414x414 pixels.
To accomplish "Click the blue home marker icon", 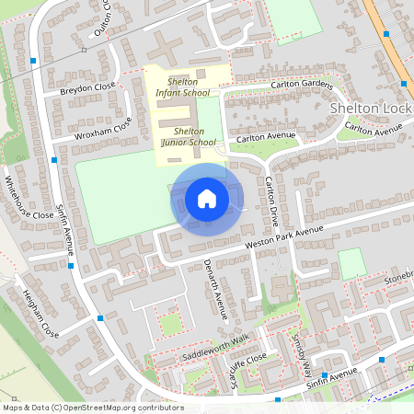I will tap(207, 199).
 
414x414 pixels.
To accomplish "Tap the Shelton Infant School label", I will tap(182, 86).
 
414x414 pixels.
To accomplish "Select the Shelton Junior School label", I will tap(188, 137).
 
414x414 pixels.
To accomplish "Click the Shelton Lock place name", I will tap(370, 108).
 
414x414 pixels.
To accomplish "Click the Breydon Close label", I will tap(88, 89).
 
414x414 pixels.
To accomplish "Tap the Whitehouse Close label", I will tap(29, 197).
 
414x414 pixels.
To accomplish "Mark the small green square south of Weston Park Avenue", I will tap(351, 263).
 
